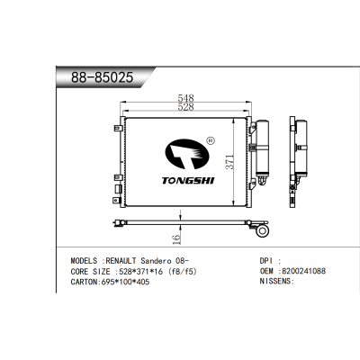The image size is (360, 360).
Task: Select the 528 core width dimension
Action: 185,107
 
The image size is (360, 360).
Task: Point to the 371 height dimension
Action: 229,163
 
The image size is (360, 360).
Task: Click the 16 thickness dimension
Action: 176,238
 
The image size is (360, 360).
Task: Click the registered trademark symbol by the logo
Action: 210,140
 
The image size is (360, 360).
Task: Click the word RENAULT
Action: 133,259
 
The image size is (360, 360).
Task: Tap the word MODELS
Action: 87,259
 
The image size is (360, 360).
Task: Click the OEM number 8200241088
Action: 303,270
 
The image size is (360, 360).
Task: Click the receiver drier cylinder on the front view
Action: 262,148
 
